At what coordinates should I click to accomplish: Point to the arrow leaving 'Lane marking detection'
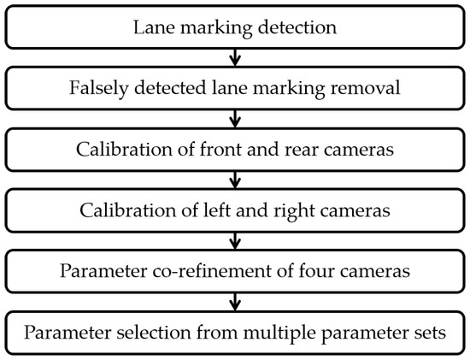pyautogui.click(x=235, y=57)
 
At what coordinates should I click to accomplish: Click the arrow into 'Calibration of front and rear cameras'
pyautogui.click(x=235, y=119)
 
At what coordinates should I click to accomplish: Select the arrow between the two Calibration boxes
pyautogui.click(x=235, y=180)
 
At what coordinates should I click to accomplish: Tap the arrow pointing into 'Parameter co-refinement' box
pyautogui.click(x=235, y=242)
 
